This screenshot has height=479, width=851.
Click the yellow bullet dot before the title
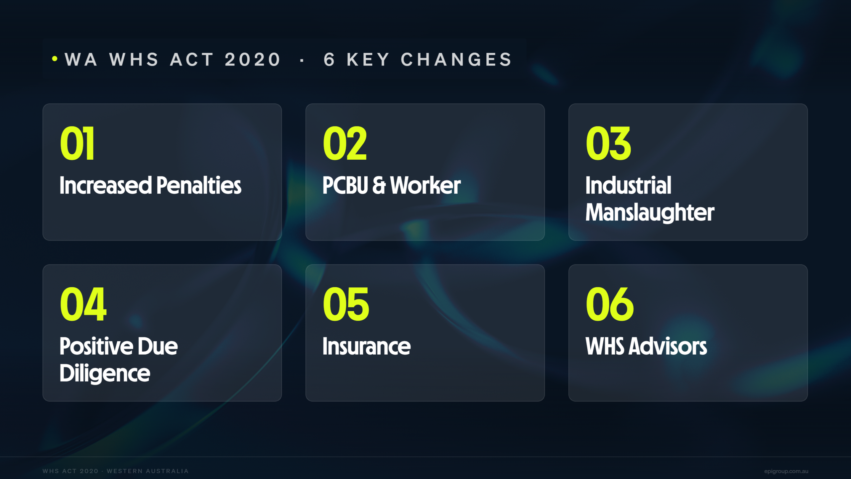click(x=55, y=59)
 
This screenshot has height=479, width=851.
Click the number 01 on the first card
click(x=77, y=143)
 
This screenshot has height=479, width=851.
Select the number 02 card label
click(x=345, y=143)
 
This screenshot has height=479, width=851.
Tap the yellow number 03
click(x=608, y=143)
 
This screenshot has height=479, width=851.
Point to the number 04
click(x=83, y=304)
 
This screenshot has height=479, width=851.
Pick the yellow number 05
click(x=346, y=304)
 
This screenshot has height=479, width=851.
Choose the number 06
click(x=610, y=304)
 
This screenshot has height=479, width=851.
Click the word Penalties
click(x=199, y=185)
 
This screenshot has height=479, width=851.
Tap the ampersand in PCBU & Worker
click(x=379, y=185)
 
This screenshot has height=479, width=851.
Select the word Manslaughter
click(x=650, y=213)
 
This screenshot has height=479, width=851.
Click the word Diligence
click(x=105, y=374)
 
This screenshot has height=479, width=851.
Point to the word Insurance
click(x=367, y=346)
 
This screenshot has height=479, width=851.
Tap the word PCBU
click(x=345, y=185)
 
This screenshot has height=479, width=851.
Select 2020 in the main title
click(x=253, y=60)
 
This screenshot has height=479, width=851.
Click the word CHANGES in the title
click(x=456, y=60)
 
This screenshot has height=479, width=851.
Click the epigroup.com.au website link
click(x=786, y=471)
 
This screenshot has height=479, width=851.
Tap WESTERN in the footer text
click(x=124, y=471)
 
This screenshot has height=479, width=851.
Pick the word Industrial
click(x=628, y=185)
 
